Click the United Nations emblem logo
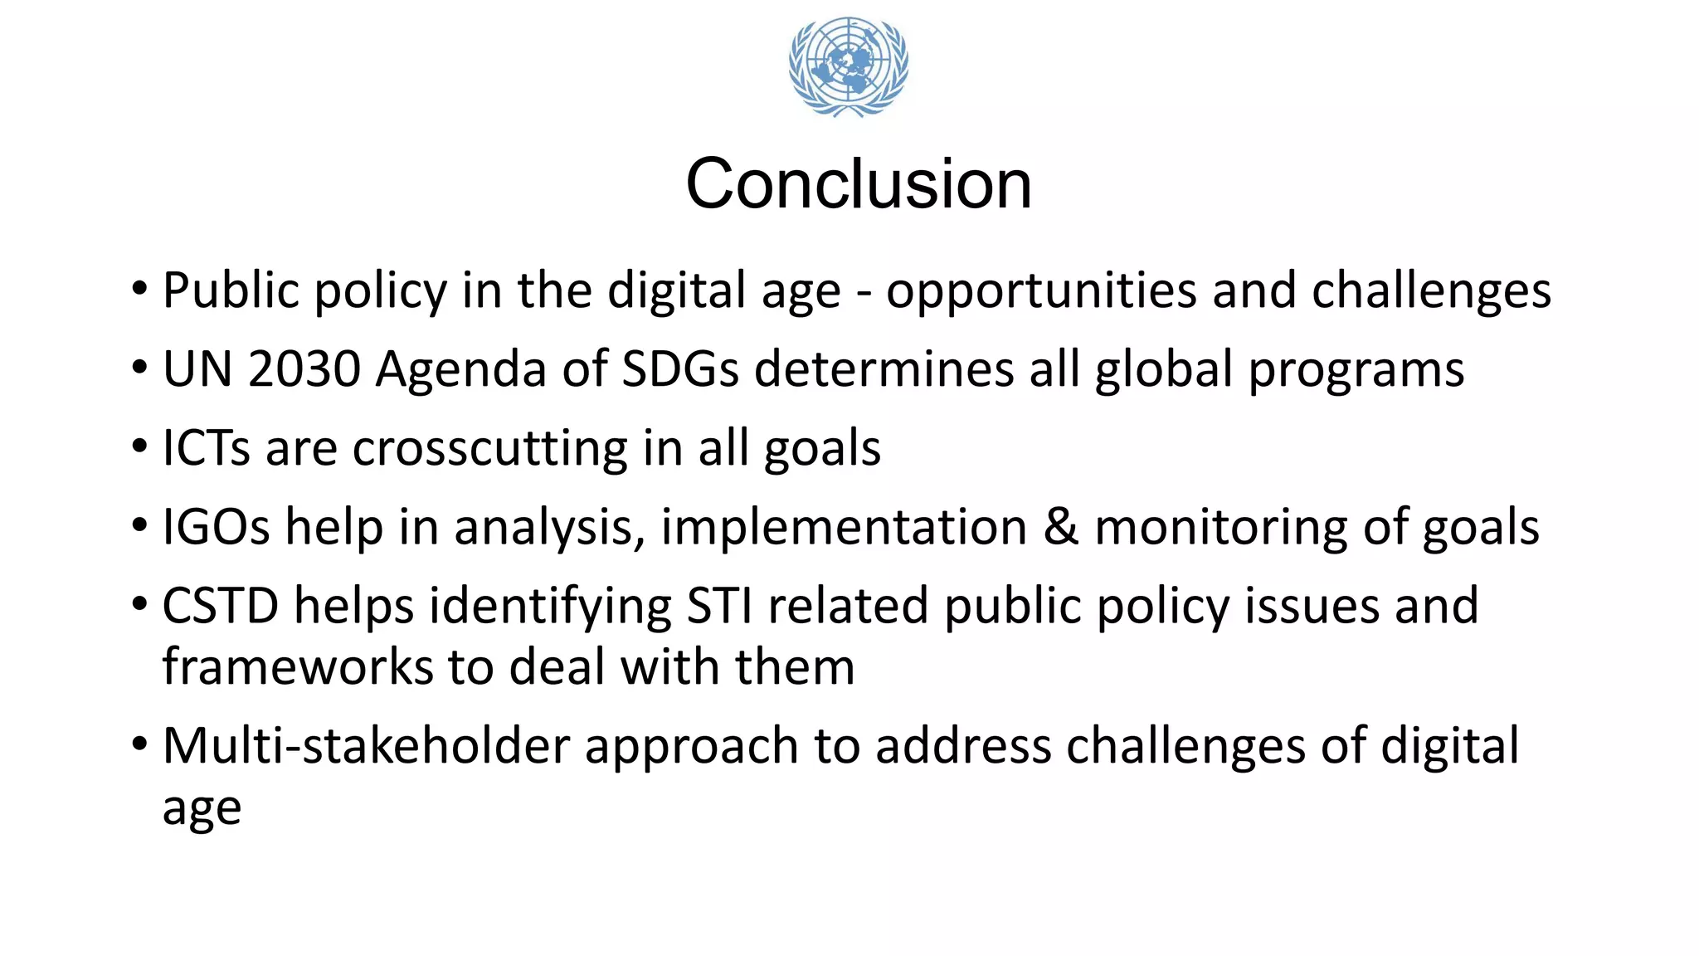coord(848,66)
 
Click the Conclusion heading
coord(859,183)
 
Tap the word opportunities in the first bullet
coord(1041,291)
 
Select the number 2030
coord(304,369)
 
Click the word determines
coord(884,369)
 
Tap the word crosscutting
coord(489,448)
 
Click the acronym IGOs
coord(216,527)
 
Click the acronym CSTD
coord(220,605)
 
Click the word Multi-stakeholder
coord(366,745)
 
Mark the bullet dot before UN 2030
coord(140,368)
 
